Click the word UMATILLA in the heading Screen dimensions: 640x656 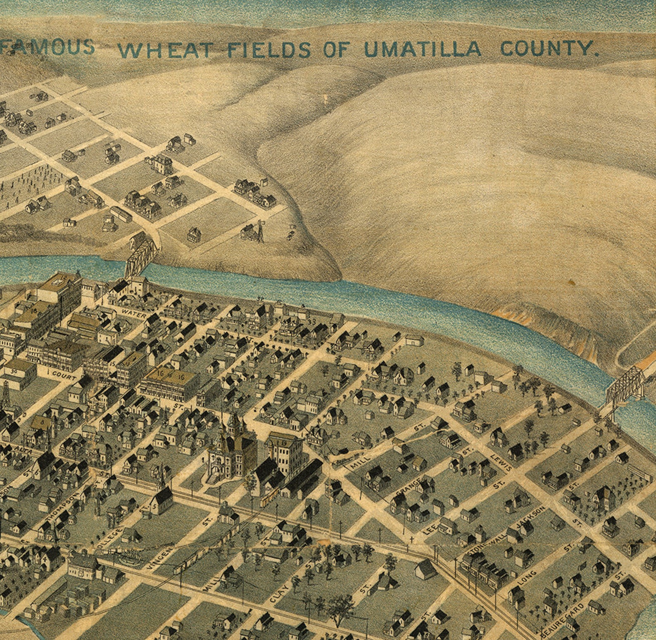[x=422, y=50]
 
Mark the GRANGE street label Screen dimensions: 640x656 [x=409, y=488]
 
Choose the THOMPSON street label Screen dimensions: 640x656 [x=62, y=506]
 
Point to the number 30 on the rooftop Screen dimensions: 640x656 [x=14, y=371]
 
